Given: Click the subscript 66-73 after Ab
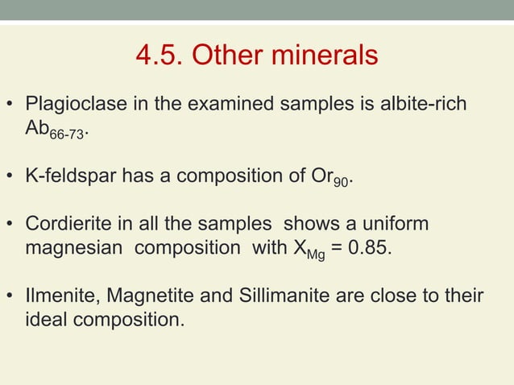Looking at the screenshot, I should [67, 135].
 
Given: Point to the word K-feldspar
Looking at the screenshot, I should [71, 176].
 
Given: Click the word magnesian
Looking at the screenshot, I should [76, 246].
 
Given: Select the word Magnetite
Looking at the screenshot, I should [139, 296].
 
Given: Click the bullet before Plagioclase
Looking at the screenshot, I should [11, 106].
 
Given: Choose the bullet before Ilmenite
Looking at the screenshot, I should [11, 296].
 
